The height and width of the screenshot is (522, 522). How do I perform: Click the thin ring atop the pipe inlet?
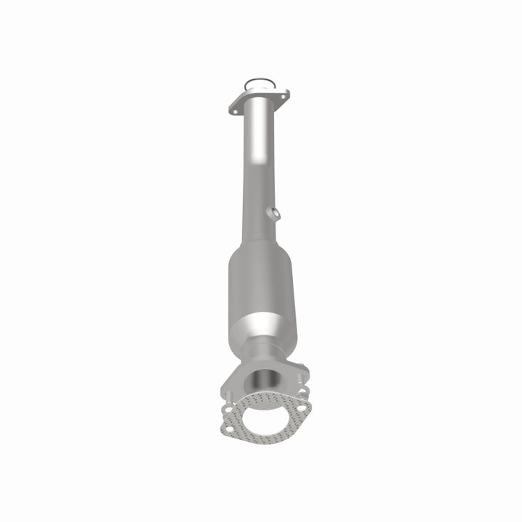pyautogui.click(x=255, y=82)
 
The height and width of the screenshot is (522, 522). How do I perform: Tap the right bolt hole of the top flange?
pyautogui.click(x=284, y=94)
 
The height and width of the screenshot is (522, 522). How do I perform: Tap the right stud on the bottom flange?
pyautogui.click(x=304, y=392)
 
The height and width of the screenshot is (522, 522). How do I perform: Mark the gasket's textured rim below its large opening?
pyautogui.click(x=262, y=439)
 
